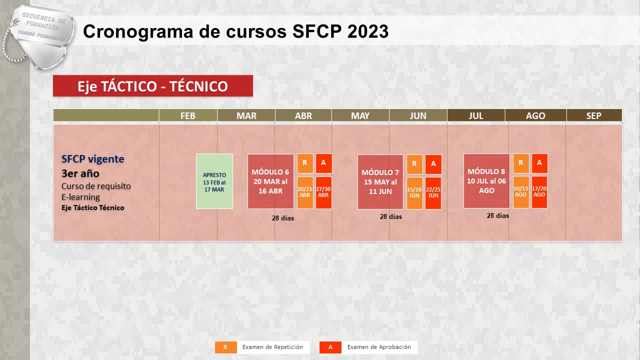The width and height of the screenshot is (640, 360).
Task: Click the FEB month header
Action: [188, 115]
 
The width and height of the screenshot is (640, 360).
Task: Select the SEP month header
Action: [594, 115]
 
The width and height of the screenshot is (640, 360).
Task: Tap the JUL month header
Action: [476, 115]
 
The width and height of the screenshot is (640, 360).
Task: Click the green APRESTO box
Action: [214, 181]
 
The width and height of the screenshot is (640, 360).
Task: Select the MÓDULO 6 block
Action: [270, 181]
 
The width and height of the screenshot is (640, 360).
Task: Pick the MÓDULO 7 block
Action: [380, 182]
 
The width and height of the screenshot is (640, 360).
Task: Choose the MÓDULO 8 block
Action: [486, 181]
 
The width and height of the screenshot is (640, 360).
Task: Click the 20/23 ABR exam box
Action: [305, 192]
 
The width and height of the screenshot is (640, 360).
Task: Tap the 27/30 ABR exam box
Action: [323, 192]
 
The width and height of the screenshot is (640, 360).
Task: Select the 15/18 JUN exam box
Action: [414, 193]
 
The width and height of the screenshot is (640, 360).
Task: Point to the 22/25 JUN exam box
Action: [433, 193]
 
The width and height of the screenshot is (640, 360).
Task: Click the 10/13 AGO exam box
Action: [521, 192]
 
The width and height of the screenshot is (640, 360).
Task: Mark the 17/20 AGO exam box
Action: [539, 192]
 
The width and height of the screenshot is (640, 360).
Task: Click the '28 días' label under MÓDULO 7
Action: [391, 217]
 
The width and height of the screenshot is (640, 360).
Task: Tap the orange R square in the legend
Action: [225, 347]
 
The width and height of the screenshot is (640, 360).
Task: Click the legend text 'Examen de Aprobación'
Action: [379, 347]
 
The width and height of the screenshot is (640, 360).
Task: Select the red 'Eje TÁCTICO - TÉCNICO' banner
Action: [153, 85]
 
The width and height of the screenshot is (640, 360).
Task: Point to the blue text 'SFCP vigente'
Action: [93, 159]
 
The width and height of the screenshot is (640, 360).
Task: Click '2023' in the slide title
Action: [368, 31]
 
